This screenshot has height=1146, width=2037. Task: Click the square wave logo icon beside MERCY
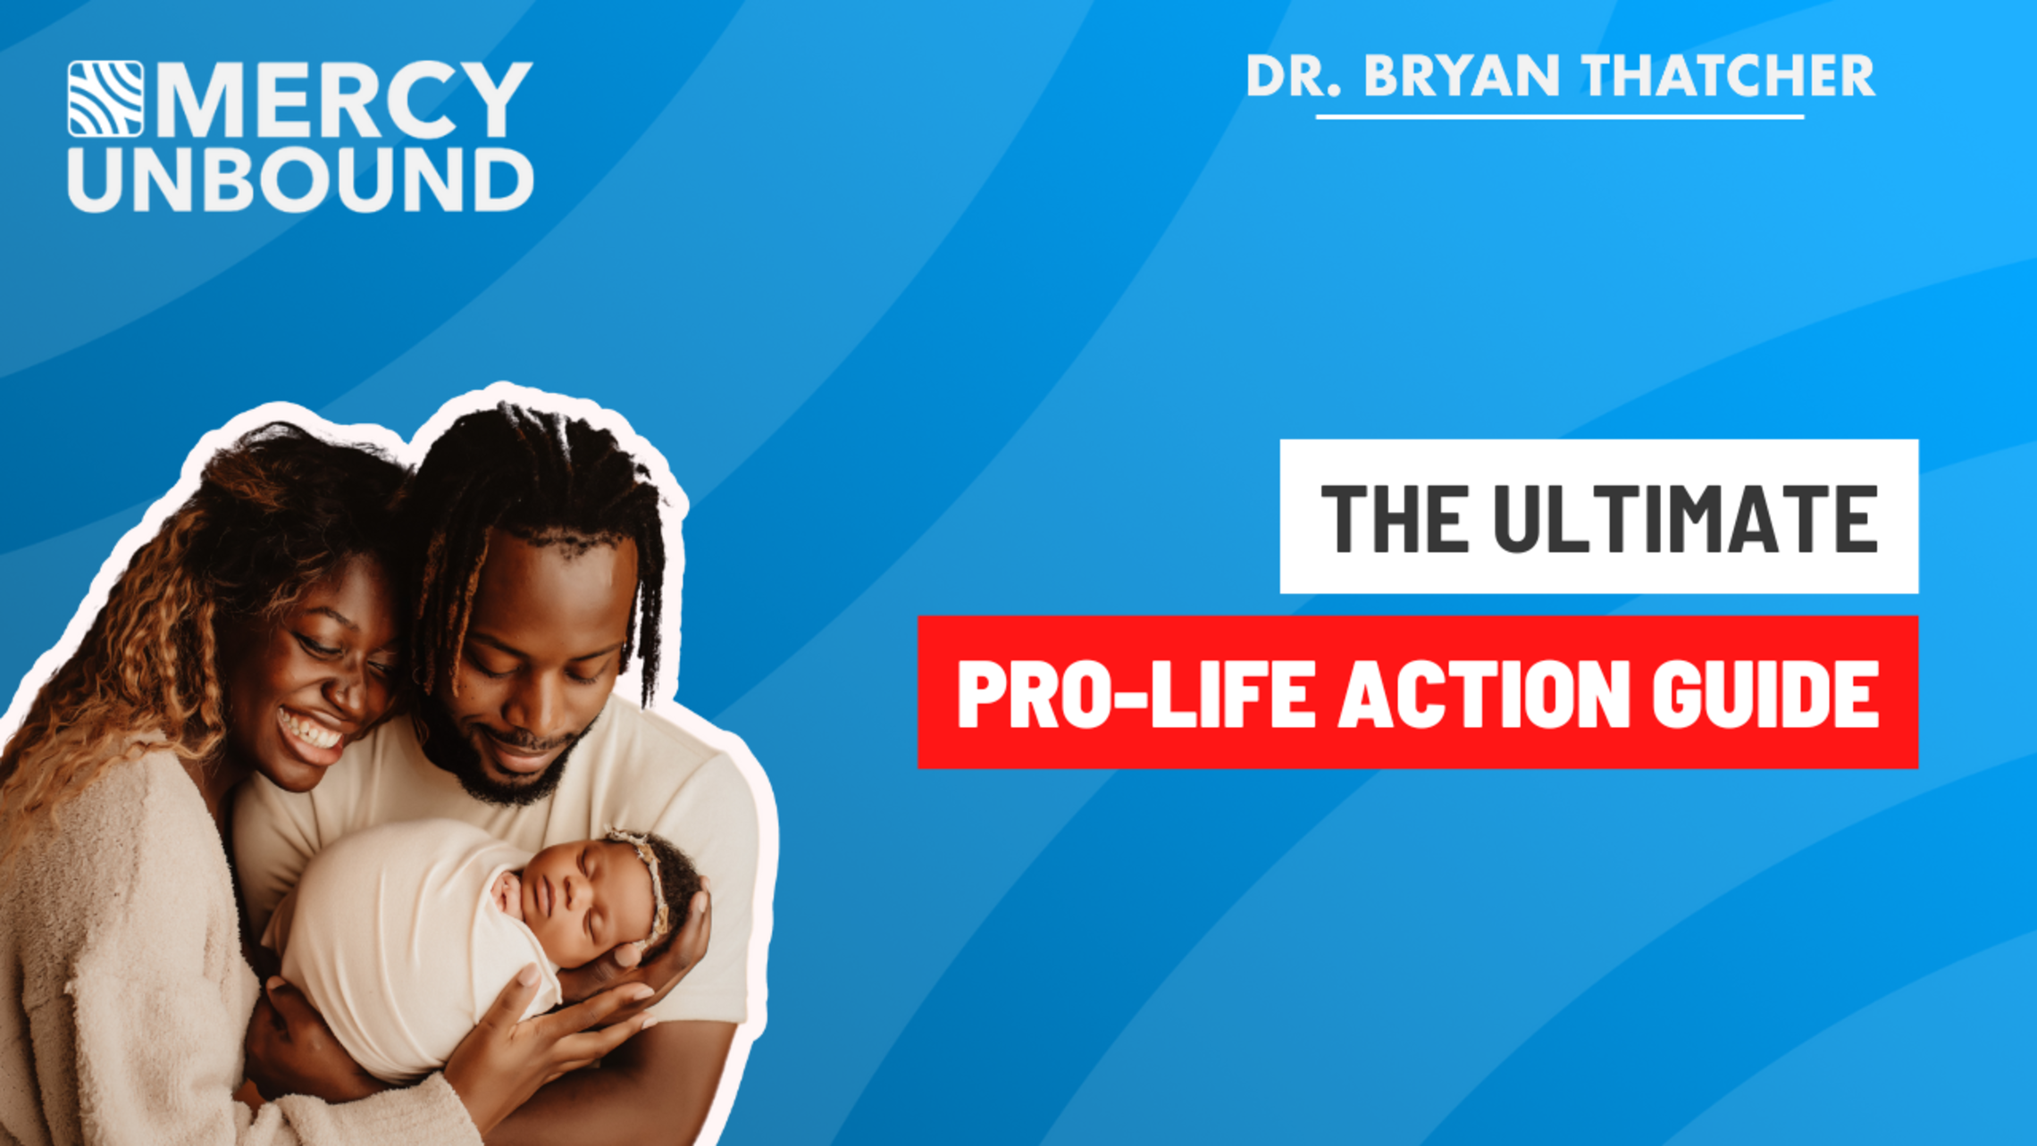105,98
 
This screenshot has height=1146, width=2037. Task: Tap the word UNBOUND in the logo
301,180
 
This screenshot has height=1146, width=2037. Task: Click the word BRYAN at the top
1462,76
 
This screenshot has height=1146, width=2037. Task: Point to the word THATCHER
1729,76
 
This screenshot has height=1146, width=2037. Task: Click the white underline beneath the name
1560,116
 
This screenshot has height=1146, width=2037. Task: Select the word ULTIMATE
1685,518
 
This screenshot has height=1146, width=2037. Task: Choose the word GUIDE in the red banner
1765,694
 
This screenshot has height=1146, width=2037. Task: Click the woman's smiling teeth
310,729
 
